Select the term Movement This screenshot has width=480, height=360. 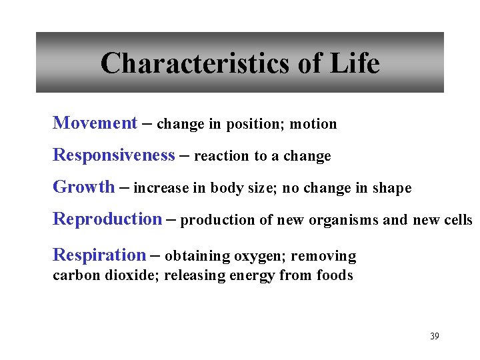pyautogui.click(x=95, y=123)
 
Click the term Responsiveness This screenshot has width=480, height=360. pyautogui.click(x=113, y=155)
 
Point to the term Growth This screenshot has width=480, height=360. pyautogui.click(x=83, y=187)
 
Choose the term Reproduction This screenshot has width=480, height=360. pyautogui.click(x=107, y=219)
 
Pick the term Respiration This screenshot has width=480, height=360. pyautogui.click(x=99, y=255)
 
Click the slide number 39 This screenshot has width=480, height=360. pyautogui.click(x=435, y=336)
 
